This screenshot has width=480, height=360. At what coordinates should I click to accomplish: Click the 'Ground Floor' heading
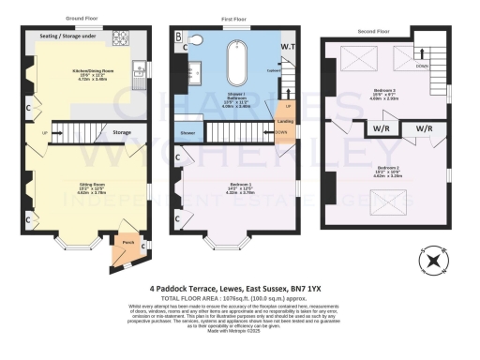(83, 18)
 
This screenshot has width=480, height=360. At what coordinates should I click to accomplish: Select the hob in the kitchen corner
(121, 38)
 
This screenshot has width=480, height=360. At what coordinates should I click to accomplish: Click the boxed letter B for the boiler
(179, 36)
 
